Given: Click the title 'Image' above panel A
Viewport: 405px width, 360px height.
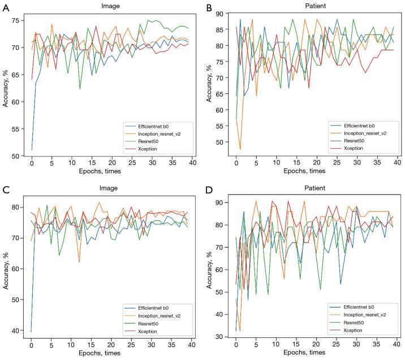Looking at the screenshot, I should pos(111,6).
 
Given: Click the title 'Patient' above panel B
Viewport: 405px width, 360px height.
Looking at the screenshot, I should pos(314,6).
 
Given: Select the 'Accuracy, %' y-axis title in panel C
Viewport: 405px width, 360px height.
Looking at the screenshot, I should pos(5,264).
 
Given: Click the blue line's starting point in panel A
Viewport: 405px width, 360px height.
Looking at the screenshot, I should pos(32,150).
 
